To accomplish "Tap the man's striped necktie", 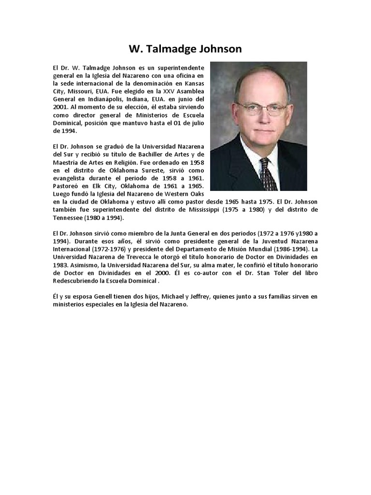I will coord(269,174).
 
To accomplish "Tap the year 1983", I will coord(61,265).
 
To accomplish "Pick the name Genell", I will coord(114,297).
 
